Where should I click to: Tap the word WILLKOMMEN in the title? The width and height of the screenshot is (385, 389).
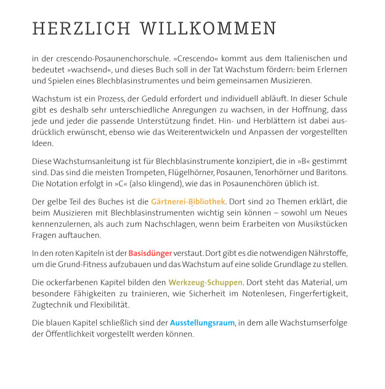pyautogui.click(x=208, y=29)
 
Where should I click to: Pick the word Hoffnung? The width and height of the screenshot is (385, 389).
pyautogui.click(x=297, y=110)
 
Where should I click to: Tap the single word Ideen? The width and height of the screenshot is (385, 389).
pyautogui.click(x=43, y=143)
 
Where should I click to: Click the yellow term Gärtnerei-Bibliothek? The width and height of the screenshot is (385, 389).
pyautogui.click(x=188, y=202)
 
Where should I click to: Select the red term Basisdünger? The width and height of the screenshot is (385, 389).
pyautogui.click(x=150, y=253)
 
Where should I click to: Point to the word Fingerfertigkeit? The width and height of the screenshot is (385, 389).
pyautogui.click(x=319, y=293)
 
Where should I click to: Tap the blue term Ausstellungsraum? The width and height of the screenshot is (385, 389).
pyautogui.click(x=203, y=322)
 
